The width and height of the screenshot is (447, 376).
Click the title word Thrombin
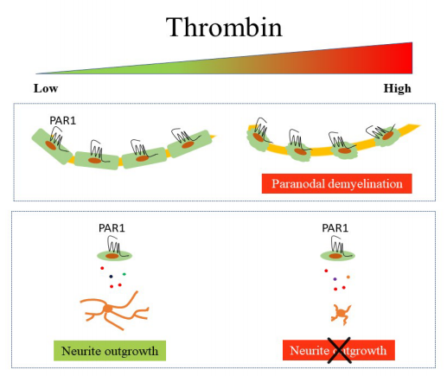coord(224,27)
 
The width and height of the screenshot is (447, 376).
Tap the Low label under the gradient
coord(46,88)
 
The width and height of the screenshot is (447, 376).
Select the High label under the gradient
coord(397,88)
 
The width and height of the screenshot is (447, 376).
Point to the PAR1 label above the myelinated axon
coord(63,120)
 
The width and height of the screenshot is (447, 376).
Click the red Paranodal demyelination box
coord(336,183)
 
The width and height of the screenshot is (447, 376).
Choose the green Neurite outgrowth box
coord(110,351)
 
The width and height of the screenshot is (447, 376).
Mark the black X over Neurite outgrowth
coord(340,350)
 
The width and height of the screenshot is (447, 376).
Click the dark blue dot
coord(111,277)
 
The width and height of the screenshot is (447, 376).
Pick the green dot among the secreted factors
coord(125,274)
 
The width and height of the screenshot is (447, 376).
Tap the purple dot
coord(335,279)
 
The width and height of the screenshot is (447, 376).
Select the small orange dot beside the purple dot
coord(348,277)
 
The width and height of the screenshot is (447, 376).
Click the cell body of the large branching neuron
coord(108,309)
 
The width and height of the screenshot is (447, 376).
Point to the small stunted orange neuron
coord(342,314)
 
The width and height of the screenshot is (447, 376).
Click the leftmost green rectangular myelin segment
coord(52,146)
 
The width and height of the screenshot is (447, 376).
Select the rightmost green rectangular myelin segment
coord(189,143)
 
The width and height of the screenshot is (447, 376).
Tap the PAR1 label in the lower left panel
coord(112,228)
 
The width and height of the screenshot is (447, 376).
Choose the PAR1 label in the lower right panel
coord(335,228)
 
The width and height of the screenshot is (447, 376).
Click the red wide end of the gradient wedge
coord(408,58)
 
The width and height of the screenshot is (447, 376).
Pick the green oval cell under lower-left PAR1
coord(115,256)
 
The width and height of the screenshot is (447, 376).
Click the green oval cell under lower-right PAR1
coord(338,256)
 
